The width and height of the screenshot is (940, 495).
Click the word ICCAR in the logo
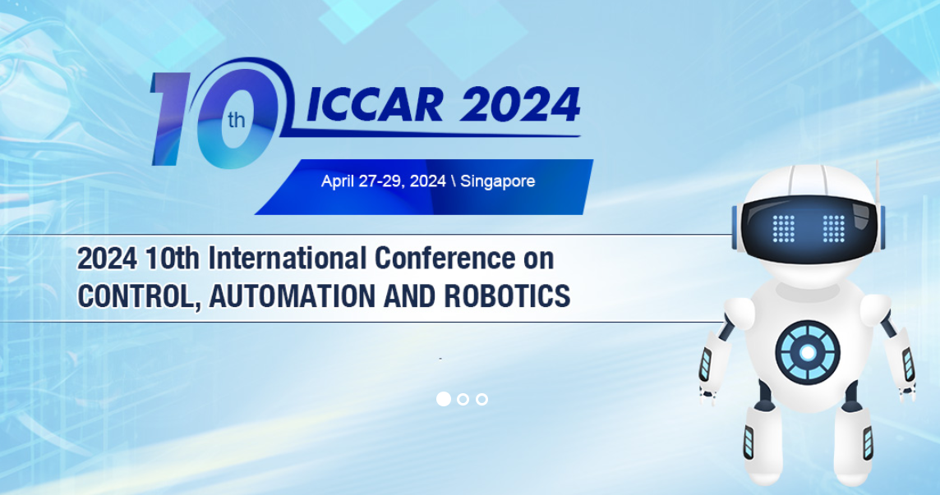[x=376, y=105]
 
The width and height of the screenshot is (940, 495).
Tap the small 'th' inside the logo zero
[x=236, y=120]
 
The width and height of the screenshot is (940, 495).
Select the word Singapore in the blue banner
[x=498, y=181]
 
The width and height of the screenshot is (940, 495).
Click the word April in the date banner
[x=338, y=181]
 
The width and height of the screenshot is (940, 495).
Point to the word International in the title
[x=287, y=259]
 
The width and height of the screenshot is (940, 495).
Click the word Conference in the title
[x=445, y=259]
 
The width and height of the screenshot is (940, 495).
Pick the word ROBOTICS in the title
[x=507, y=296]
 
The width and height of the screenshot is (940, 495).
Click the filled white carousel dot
[x=444, y=399]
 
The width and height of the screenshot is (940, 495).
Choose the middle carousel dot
[x=463, y=399]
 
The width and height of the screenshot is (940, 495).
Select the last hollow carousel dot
[x=482, y=399]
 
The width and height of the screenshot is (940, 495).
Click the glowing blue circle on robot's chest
[x=808, y=352]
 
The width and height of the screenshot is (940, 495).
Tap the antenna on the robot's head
[x=878, y=183]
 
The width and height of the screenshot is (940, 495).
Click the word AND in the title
[x=410, y=296]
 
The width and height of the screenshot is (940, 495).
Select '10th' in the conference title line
[x=173, y=259]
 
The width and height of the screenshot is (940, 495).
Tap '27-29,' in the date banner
[x=384, y=181]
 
